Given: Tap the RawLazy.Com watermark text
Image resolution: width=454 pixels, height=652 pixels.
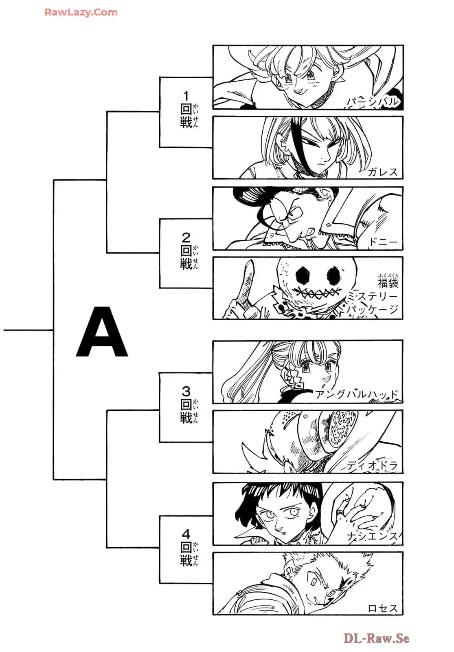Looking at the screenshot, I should tap(81, 12).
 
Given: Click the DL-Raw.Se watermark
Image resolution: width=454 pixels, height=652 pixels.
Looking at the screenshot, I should tap(376, 638).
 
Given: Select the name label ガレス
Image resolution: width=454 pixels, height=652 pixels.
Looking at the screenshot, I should tap(382, 172).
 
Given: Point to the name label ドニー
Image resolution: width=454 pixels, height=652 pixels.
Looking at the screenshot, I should tap(382, 242).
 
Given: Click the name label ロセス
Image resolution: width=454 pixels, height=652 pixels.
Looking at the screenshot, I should tap(382, 608).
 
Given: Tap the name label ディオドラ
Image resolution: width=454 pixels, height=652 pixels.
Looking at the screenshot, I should tap(372, 465).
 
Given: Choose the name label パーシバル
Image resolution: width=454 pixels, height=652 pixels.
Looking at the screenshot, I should tap(372, 102).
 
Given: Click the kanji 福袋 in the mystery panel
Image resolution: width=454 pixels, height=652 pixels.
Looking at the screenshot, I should tap(388, 282).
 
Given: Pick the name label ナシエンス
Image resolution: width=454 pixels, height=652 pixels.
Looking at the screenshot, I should tap(372, 537).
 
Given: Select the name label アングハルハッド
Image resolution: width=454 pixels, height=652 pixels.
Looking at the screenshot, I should tap(357, 394).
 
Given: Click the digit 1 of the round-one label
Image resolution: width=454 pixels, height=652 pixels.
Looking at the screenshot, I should tap(186, 96).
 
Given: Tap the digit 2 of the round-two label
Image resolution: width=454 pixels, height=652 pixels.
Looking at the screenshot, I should tap(186, 237).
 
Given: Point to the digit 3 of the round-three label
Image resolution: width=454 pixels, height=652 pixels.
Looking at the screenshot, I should tap(186, 391).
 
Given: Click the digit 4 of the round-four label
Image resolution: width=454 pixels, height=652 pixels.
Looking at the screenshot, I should tap(186, 533).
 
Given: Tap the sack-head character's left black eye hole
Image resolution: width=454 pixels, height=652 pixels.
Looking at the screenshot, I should tap(303, 275).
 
